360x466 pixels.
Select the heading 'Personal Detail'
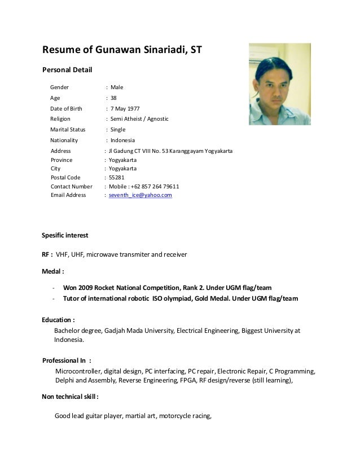pyautogui.click(x=67, y=70)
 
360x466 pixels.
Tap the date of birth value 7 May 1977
pyautogui.click(x=125, y=108)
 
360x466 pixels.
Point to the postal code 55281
pyautogui.click(x=117, y=177)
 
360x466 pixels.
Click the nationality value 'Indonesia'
pyautogui.click(x=122, y=140)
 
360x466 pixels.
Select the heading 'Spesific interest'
pyautogui.click(x=65, y=235)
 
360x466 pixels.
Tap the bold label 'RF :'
pyautogui.click(x=48, y=254)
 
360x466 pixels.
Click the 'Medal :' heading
pyautogui.click(x=54, y=271)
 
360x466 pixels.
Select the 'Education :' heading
pyautogui.click(x=59, y=319)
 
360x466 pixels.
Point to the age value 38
pyautogui.click(x=113, y=98)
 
